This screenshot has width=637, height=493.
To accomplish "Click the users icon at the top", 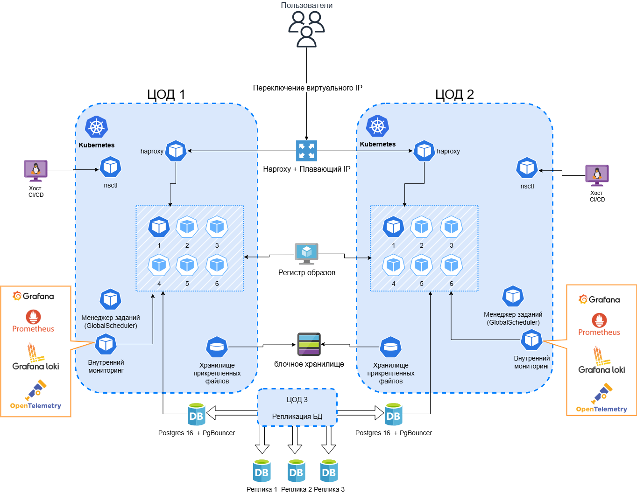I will click(x=306, y=29).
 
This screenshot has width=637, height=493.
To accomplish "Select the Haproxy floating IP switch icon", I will click(x=306, y=151).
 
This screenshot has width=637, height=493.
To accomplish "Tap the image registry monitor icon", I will click(x=306, y=253).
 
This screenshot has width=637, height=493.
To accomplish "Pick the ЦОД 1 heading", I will click(x=166, y=94).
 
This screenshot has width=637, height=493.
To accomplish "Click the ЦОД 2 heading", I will click(x=454, y=94).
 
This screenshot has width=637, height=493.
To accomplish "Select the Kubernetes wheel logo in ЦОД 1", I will click(x=97, y=127).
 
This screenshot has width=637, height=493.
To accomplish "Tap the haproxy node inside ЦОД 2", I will click(x=424, y=151).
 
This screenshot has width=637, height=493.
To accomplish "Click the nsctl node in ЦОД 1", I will click(x=111, y=167).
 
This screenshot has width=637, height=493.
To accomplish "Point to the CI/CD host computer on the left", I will click(x=36, y=171).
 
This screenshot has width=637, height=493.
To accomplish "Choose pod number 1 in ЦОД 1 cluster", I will click(x=159, y=227).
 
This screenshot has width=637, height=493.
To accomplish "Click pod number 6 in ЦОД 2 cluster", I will click(x=451, y=265).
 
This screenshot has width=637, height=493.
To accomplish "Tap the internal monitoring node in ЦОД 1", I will click(x=106, y=345).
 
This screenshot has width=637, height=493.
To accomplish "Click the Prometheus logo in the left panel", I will click(x=33, y=317).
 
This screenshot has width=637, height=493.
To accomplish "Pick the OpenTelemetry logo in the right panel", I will click(x=602, y=395).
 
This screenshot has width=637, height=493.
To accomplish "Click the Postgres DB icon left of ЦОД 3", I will click(x=196, y=414).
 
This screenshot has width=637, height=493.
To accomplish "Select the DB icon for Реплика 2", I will click(x=296, y=471).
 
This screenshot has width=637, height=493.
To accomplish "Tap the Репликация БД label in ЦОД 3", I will click(x=297, y=417).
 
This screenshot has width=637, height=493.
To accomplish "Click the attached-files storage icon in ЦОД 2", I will click(x=390, y=347).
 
